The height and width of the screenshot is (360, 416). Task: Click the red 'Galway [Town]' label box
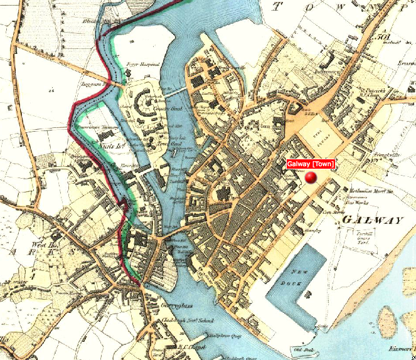coord(311,164)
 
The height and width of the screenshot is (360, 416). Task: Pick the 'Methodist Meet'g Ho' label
coord(371,191)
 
